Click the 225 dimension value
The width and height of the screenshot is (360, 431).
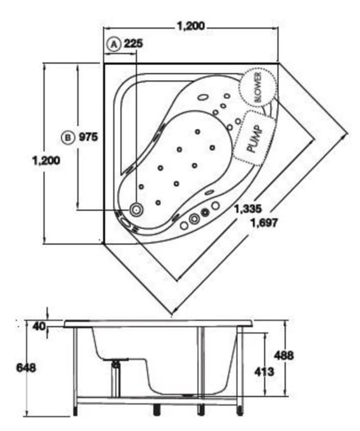134,44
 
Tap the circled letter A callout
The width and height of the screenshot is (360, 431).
114,44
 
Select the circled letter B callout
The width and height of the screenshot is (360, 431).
68,137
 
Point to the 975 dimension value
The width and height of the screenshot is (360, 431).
88,137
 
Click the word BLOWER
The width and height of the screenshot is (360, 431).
258,87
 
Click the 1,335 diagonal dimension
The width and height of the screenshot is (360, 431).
248,209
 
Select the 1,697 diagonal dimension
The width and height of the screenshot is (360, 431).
264,222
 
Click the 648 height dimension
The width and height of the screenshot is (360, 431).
26,368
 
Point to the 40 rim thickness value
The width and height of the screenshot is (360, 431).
39,326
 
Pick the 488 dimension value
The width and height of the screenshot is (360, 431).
284,355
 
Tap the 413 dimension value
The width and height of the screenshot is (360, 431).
264,372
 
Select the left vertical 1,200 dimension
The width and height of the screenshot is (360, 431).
46,160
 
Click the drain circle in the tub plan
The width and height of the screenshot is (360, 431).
136,210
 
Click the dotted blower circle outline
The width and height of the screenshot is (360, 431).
239,87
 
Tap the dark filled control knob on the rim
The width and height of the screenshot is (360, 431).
205,212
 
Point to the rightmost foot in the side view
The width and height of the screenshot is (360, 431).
240,409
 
